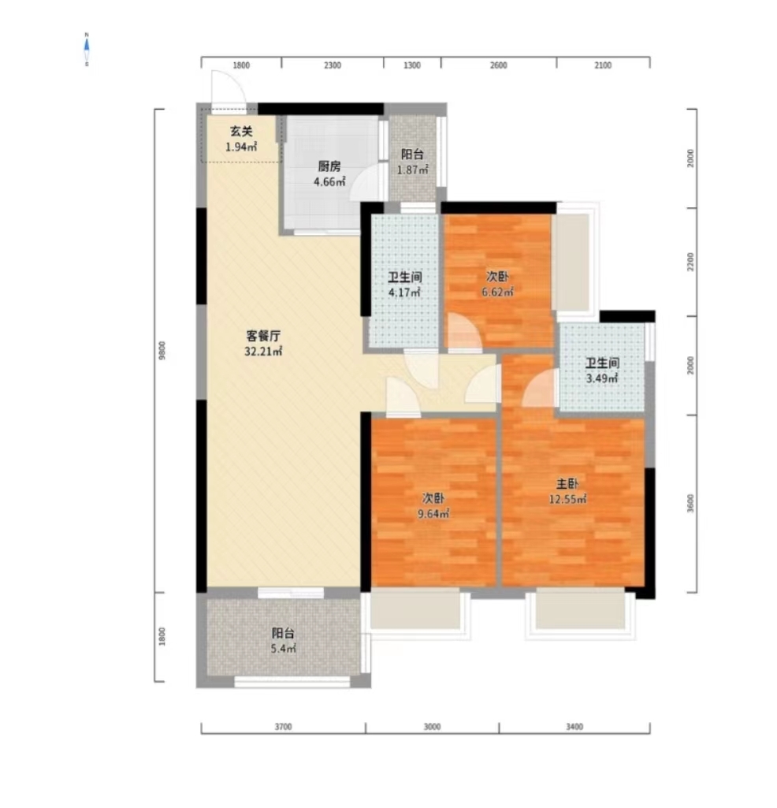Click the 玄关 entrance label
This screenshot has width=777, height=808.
(x=241, y=132)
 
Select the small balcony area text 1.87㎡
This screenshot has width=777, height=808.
(x=413, y=169)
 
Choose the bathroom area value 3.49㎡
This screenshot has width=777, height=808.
(x=601, y=379)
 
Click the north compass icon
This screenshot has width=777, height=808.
(x=87, y=50)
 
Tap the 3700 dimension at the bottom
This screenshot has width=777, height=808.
(x=283, y=727)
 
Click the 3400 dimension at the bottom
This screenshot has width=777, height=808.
(x=574, y=727)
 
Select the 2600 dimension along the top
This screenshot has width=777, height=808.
(x=498, y=65)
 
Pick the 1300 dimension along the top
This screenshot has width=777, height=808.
(x=412, y=65)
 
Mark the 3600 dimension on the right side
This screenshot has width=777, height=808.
(x=690, y=503)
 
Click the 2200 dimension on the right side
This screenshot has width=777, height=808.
(x=690, y=262)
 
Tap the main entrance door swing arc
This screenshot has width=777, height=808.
(x=227, y=88)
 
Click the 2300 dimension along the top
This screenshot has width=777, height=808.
(x=333, y=65)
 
